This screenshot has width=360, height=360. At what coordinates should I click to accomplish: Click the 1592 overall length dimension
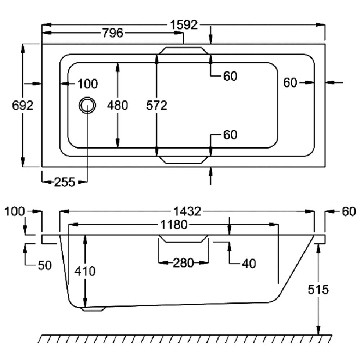pyautogui.click(x=184, y=25)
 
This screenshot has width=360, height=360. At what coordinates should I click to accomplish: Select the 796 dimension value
pyautogui.click(x=113, y=33)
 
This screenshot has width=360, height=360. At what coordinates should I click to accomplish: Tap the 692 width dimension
pyautogui.click(x=23, y=105)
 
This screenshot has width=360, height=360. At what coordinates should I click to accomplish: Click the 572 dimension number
pyautogui.click(x=157, y=105)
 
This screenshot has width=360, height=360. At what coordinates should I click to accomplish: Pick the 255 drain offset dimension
pyautogui.click(x=64, y=182)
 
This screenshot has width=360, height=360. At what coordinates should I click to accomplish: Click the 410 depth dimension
pyautogui.click(x=85, y=271)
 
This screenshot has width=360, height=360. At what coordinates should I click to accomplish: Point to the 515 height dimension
pyautogui.click(x=319, y=289)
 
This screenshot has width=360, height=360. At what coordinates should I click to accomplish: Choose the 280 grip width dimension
pyautogui.click(x=183, y=263)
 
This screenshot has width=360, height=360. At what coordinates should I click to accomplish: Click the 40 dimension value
pyautogui.click(x=248, y=264)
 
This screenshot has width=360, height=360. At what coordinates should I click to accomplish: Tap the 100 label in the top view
pyautogui.click(x=87, y=84)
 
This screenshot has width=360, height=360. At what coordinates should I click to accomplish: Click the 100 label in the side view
pyautogui.click(x=15, y=211)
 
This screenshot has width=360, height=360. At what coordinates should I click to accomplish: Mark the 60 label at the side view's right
pyautogui.click(x=348, y=212)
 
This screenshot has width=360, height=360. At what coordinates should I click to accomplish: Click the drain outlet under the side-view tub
pyautogui.click(x=94, y=309)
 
